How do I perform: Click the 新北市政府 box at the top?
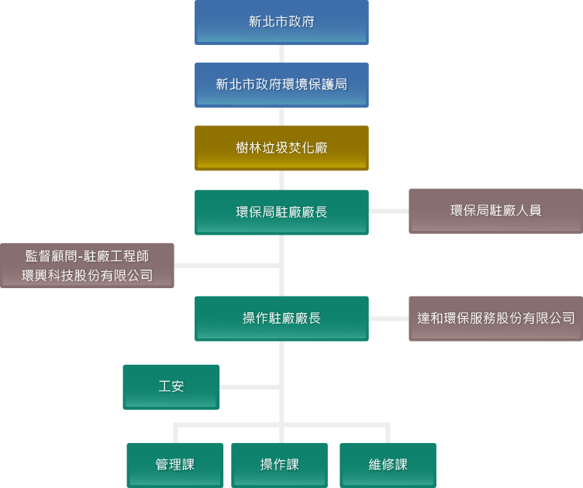[x=281, y=22]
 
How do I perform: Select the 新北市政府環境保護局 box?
[x=281, y=85]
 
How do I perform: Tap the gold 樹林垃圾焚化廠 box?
[x=281, y=148]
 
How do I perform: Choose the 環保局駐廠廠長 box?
[x=281, y=211]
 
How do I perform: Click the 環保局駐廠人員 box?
[x=495, y=211]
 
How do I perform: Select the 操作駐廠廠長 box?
[x=281, y=318]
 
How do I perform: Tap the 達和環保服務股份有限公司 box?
[x=495, y=318]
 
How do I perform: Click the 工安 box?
[x=171, y=387]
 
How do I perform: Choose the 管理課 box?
[x=175, y=465]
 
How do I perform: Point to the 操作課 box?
[x=279, y=465]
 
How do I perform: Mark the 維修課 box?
[x=388, y=465]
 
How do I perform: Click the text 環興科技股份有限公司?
[x=87, y=275]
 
